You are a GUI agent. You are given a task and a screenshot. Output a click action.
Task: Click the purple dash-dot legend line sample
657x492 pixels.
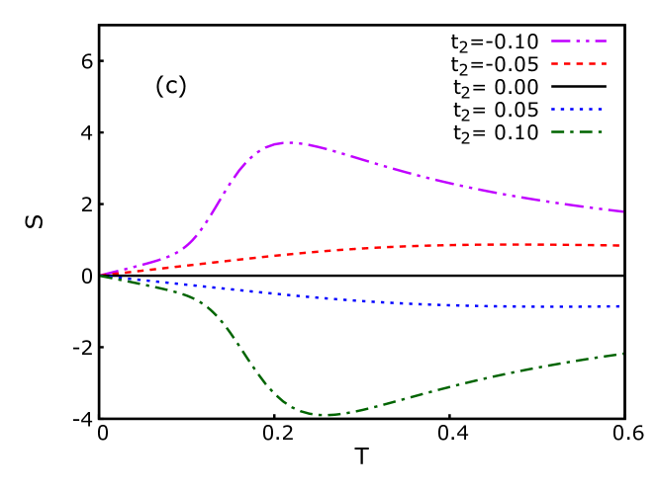[579, 41]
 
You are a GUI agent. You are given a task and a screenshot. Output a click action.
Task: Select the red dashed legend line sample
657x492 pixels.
[579, 64]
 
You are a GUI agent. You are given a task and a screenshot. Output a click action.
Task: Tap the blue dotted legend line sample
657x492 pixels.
[578, 110]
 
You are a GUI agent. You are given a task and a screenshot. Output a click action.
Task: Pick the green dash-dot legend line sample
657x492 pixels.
[578, 131]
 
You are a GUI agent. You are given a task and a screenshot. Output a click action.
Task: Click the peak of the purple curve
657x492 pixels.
[287, 142]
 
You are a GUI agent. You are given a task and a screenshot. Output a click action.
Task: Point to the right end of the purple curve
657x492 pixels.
[621, 211]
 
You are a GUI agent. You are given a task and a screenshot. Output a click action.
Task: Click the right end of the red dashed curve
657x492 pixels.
[619, 245]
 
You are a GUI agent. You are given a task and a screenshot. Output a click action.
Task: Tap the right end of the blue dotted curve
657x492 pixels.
[619, 306]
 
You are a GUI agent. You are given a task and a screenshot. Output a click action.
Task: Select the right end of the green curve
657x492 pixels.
[621, 353]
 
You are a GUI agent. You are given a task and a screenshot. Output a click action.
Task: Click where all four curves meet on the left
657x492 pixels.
[101, 275]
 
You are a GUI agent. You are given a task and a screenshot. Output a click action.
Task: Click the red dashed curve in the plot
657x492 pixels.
[396, 247]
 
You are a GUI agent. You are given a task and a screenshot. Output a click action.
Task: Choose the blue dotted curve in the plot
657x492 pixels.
[396, 302]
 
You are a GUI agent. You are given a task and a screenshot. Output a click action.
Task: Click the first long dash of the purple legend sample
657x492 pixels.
[562, 41]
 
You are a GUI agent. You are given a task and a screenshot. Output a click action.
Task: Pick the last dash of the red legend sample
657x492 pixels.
[602, 64]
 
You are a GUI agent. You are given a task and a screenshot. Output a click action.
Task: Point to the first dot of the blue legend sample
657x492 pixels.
[553, 110]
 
